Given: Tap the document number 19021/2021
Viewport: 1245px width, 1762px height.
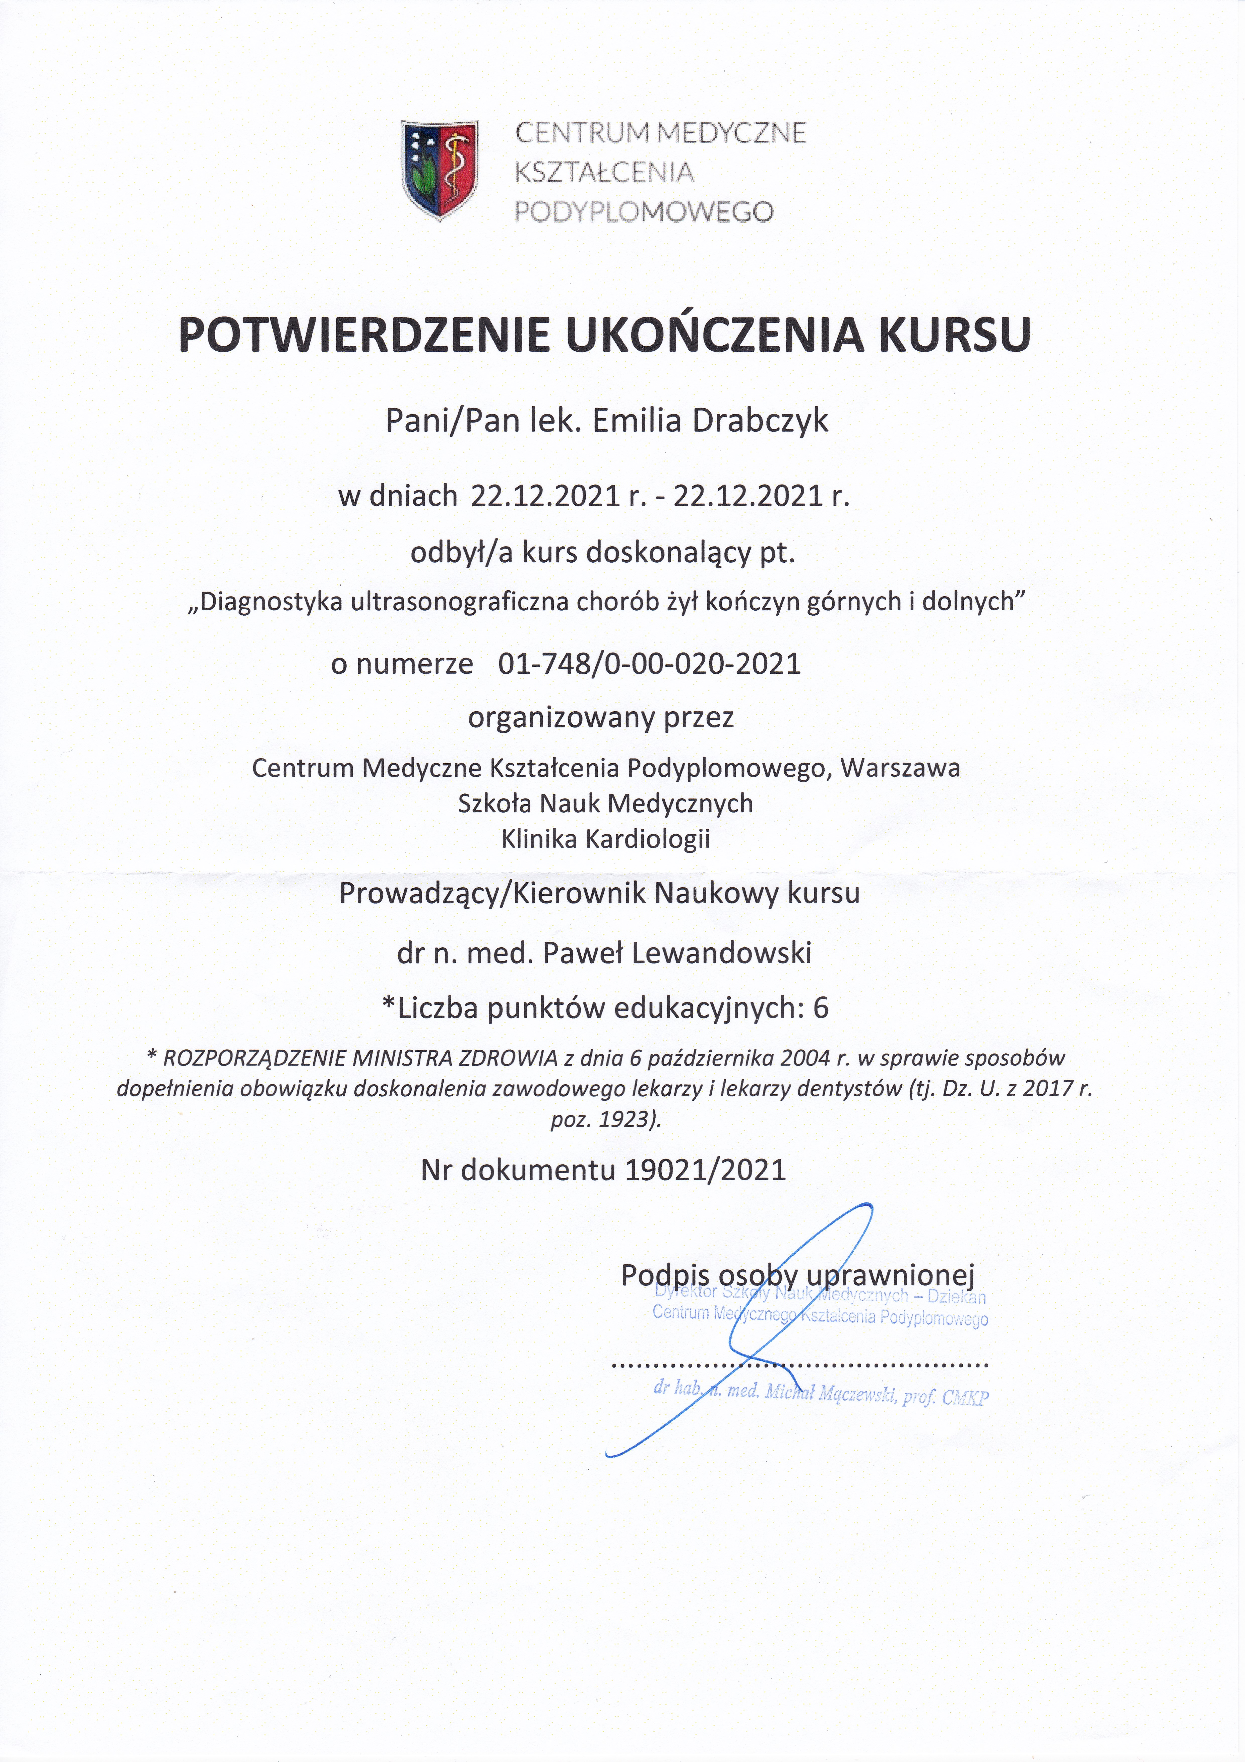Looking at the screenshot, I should click(706, 1169).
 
